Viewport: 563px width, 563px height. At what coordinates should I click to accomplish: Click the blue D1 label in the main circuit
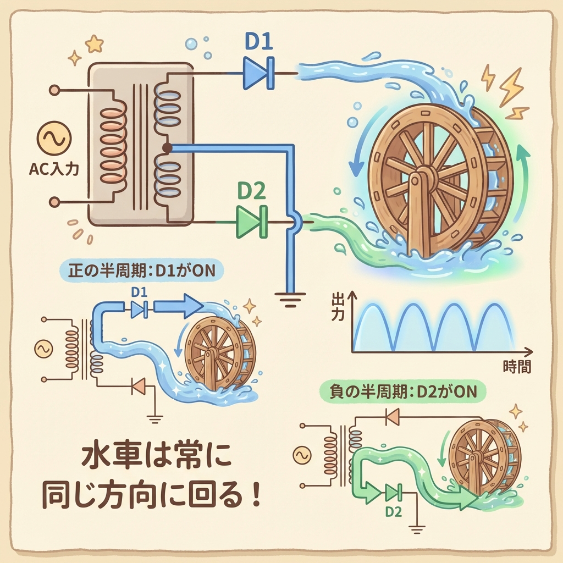coord(260,43)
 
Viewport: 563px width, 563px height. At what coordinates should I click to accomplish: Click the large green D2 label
coord(251,191)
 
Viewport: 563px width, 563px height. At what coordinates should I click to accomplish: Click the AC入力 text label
coord(53,169)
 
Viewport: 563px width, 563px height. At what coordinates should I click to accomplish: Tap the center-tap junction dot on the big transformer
coord(167,148)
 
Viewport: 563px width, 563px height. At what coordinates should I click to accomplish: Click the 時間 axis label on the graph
coord(517,367)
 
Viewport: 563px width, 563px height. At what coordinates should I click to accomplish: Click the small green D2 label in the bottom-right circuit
coord(393,511)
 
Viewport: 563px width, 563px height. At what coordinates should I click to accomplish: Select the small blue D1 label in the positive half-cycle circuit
coord(139,292)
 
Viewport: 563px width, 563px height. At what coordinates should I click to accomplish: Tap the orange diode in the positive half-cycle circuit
coord(139,387)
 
